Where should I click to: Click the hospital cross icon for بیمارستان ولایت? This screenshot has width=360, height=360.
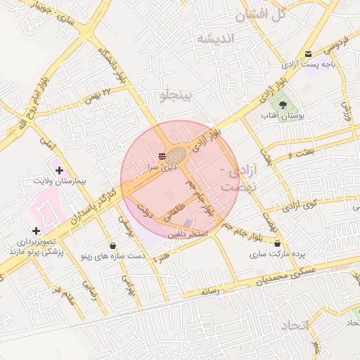59,170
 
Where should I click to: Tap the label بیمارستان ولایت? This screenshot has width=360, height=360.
62,181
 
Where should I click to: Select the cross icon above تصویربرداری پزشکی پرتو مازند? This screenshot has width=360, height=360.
36,231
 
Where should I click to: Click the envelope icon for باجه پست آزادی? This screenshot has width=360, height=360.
309,55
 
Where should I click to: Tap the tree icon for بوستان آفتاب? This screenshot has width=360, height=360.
282,104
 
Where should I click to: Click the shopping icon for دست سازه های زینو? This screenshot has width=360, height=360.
113,245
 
